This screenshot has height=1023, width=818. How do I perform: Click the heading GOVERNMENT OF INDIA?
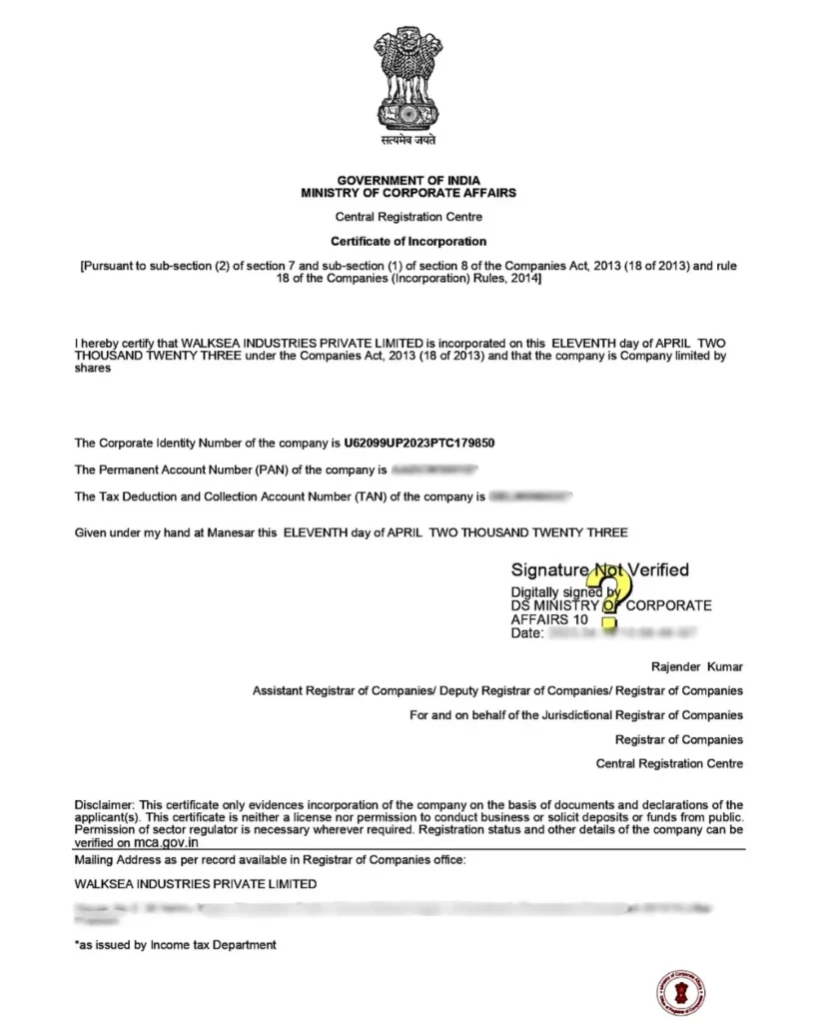click(x=409, y=181)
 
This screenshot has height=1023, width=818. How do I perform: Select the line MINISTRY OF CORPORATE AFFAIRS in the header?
click(x=409, y=193)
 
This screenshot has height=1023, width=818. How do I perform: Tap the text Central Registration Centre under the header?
click(x=409, y=217)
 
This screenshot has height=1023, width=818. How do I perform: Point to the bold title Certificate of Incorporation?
click(x=409, y=242)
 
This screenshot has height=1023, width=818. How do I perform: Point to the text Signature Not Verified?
click(x=599, y=570)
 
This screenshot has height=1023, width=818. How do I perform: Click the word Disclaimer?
click(x=105, y=805)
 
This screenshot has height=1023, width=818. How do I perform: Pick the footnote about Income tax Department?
click(x=176, y=945)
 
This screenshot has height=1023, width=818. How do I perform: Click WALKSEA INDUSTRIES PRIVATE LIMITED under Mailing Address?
click(x=196, y=884)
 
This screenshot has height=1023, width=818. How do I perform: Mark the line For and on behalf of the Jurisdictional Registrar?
click(x=576, y=715)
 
